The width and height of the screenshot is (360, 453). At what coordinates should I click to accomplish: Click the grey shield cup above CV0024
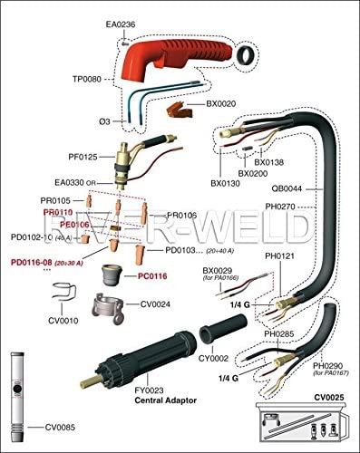[x=114, y=272]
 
